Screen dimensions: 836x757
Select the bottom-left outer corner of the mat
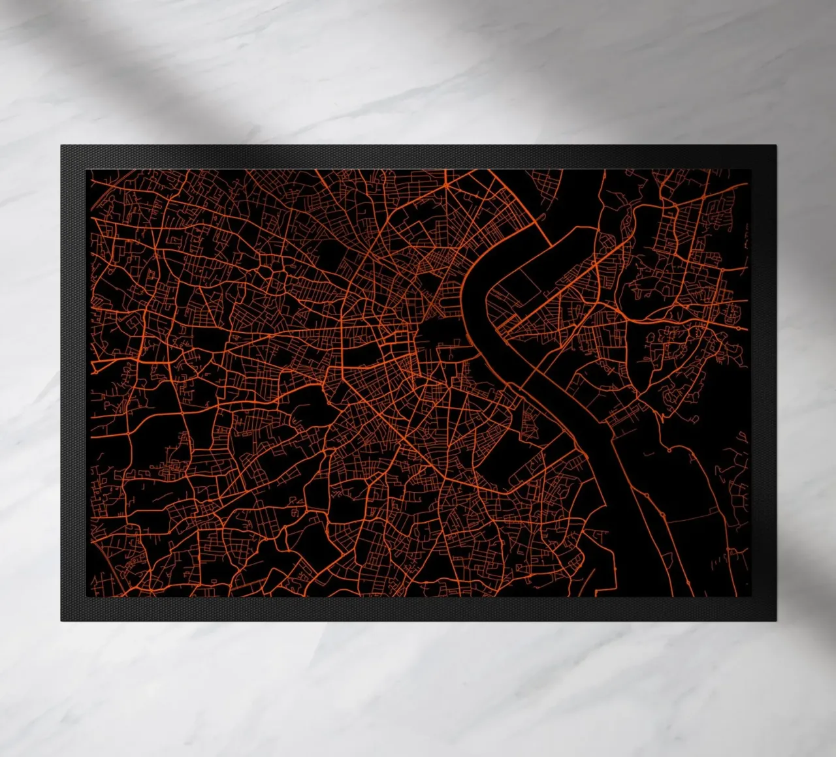pyautogui.click(x=61, y=621)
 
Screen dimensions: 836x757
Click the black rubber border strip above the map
pyautogui.click(x=418, y=157)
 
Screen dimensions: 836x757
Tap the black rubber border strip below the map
pyautogui.click(x=418, y=608)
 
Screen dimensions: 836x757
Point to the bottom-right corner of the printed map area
pyautogui.click(x=748, y=596)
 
